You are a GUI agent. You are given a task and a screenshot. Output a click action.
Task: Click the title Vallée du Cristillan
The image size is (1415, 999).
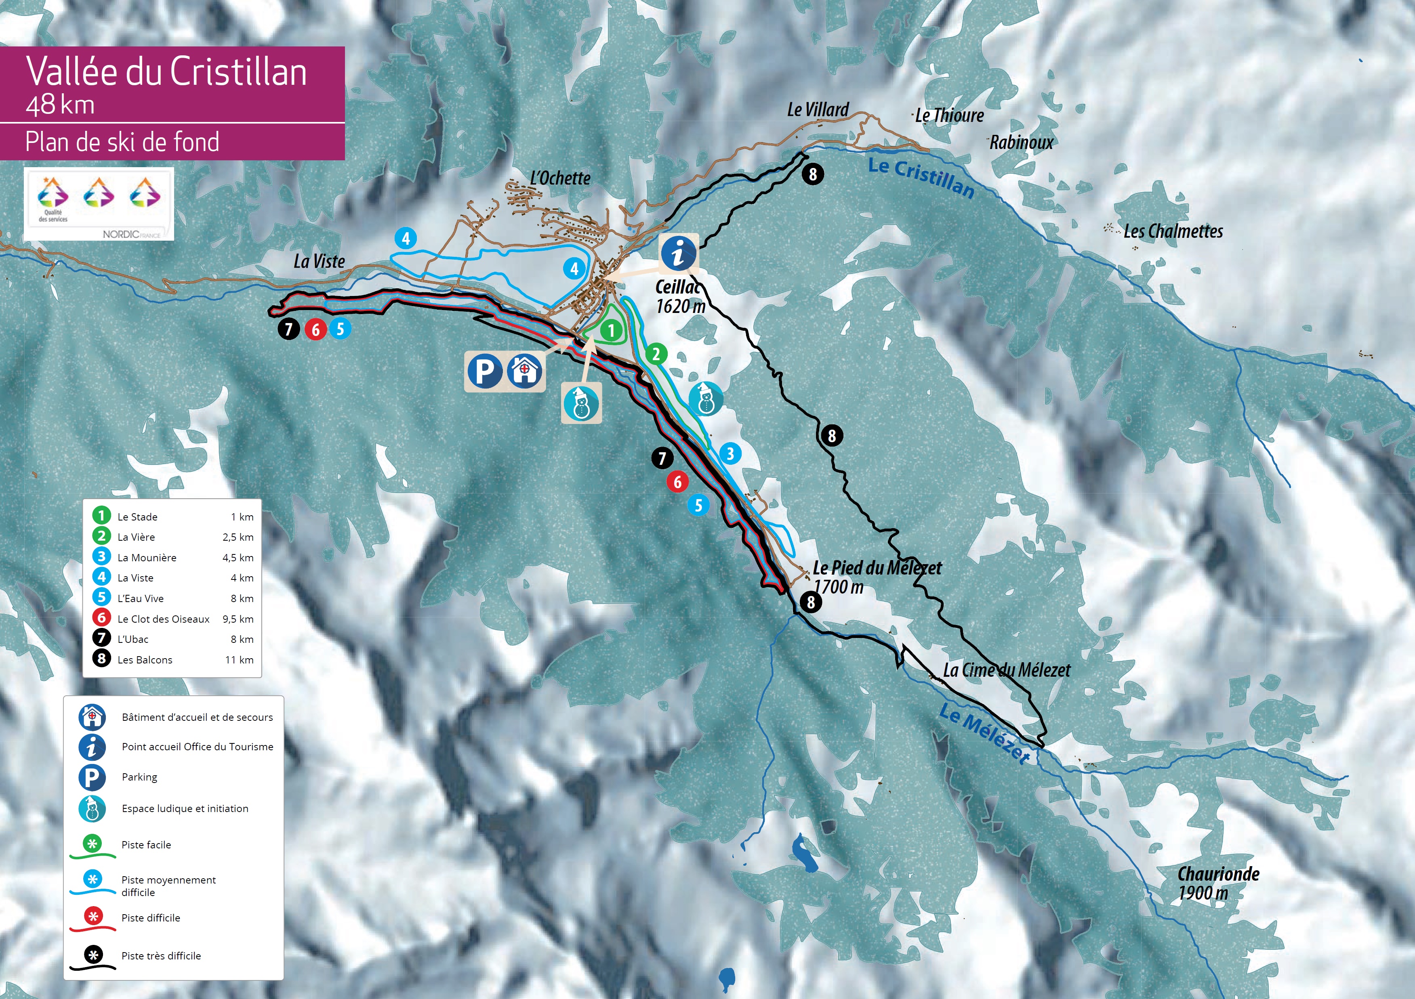[166, 71]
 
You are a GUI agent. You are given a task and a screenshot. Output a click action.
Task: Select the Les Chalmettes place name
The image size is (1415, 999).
[1173, 232]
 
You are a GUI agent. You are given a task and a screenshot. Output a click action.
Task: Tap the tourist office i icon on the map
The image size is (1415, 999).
[679, 252]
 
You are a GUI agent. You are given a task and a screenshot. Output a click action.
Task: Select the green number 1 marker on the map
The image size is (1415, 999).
[611, 331]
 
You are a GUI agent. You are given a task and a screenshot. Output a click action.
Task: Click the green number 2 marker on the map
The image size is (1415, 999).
[656, 354]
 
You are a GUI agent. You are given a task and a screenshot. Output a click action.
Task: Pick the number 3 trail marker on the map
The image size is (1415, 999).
[730, 454]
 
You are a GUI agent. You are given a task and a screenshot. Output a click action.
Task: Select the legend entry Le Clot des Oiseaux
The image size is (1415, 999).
[163, 619]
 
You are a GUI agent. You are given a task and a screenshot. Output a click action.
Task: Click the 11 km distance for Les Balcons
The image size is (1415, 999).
[239, 660]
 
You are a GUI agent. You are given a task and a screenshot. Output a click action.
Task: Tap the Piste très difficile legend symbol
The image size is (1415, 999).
[93, 958]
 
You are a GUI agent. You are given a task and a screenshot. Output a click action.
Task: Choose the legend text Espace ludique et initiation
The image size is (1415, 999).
[185, 809]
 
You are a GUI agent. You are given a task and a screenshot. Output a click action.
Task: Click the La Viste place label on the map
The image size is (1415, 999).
[319, 262]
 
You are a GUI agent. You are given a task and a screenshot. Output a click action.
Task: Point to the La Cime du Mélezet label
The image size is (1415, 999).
[1006, 670]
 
